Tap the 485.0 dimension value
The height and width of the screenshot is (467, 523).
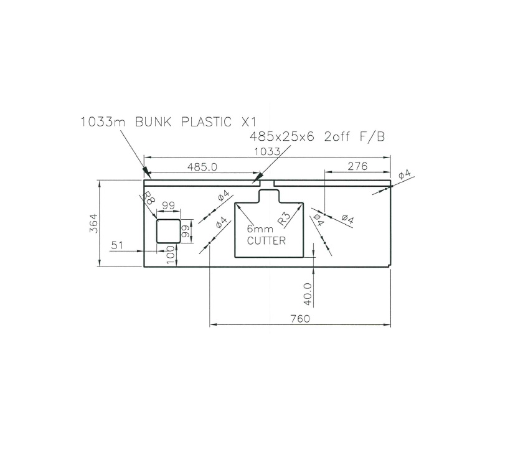(202, 166)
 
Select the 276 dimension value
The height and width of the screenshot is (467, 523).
(357, 166)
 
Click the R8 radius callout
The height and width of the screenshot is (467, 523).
(149, 199)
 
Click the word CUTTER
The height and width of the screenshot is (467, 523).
(266, 241)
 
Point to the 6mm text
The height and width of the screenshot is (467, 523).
(260, 229)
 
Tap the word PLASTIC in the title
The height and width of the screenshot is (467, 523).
(206, 121)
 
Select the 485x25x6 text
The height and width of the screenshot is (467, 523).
(283, 136)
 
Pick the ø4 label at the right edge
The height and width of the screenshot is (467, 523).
(404, 174)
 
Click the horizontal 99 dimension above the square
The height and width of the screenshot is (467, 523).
(168, 205)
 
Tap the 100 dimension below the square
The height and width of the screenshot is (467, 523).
(170, 255)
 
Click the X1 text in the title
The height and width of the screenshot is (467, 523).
(248, 121)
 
